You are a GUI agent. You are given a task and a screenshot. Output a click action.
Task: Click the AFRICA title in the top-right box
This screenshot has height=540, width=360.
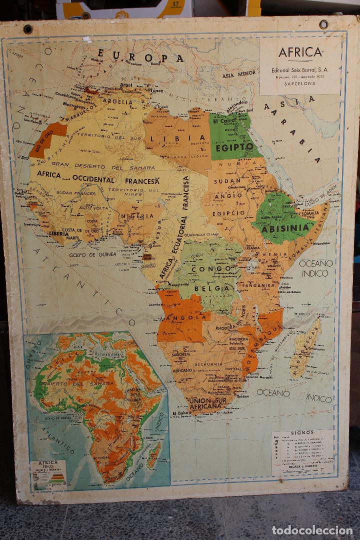pyautogui.click(x=300, y=53)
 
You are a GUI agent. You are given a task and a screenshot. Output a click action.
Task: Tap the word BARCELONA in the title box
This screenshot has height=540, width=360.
pyautogui.click(x=300, y=84)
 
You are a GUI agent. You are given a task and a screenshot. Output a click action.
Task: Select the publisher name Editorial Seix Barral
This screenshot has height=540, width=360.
pyautogui.click(x=300, y=70)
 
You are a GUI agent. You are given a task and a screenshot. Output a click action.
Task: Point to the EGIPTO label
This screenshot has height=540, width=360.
pyautogui.click(x=235, y=147)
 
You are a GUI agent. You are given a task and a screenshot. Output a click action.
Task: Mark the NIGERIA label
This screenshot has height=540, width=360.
pyautogui.click(x=136, y=216)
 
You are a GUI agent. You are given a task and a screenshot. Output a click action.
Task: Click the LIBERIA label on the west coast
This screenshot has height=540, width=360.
pyautogui.click(x=59, y=233)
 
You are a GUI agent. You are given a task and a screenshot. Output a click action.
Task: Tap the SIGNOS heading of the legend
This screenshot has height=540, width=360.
pyautogui.click(x=302, y=432)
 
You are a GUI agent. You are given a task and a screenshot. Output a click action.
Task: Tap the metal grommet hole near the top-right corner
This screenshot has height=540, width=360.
pyautogui.click(x=323, y=24)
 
